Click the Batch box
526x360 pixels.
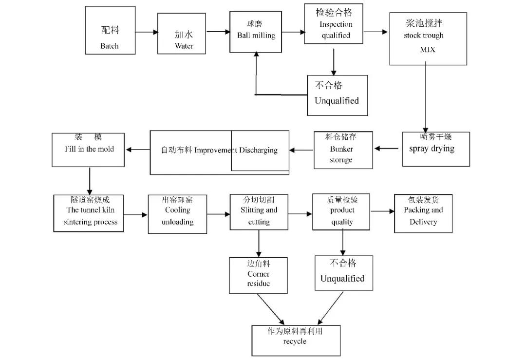[x=110, y=30]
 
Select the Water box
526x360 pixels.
[x=182, y=34]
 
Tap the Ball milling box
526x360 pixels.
[x=256, y=32]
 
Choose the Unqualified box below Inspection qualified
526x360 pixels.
[x=338, y=95]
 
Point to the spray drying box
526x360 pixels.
[x=436, y=149]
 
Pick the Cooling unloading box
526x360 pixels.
[x=177, y=214]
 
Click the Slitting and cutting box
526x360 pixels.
[x=259, y=212]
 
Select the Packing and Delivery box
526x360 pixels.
[x=423, y=213]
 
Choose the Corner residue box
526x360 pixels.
[x=258, y=276]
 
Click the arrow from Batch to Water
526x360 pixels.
[x=147, y=32]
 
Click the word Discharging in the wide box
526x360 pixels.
[x=259, y=150]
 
